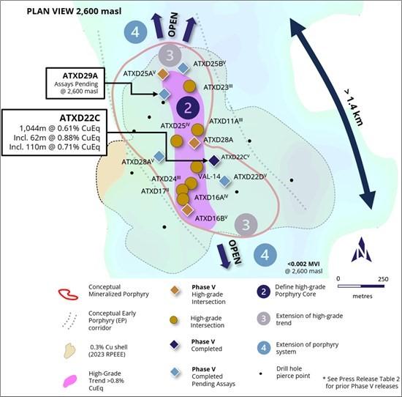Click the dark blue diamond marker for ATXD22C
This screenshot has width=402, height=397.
214,160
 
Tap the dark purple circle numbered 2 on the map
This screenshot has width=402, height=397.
188,108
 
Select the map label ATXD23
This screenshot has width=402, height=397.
218,87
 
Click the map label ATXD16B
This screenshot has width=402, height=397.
211,218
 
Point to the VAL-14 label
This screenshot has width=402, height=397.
209,177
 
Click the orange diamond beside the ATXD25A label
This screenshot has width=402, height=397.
163,74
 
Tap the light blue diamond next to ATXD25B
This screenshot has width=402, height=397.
183,68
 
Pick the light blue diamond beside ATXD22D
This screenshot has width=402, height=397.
225,181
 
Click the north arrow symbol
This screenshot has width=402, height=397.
362,250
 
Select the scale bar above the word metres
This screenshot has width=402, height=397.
361,286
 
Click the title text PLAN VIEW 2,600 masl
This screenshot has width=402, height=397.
74,11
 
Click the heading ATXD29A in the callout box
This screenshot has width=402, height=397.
80,75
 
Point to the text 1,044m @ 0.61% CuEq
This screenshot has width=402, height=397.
59,128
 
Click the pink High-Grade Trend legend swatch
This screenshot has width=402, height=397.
70,381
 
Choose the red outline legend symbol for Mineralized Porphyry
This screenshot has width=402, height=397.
68,294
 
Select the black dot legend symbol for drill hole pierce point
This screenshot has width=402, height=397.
261,374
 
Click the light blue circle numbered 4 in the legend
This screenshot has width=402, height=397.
264,348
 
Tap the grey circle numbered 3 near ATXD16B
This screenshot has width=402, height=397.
246,225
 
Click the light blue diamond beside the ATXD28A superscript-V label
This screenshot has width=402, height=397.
159,157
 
